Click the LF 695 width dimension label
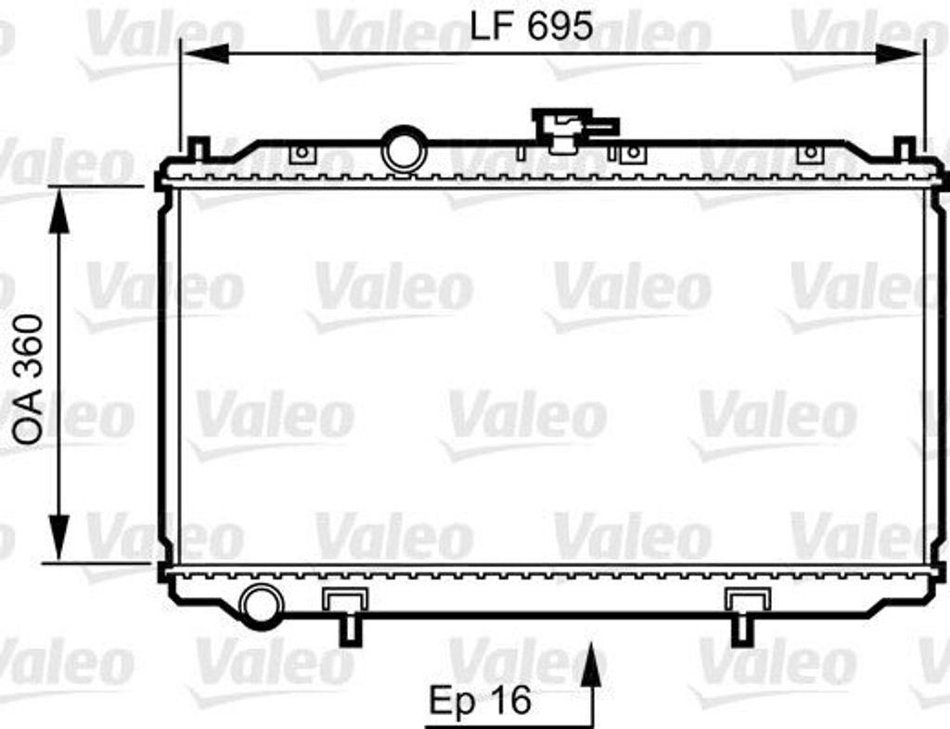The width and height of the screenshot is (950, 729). [x=532, y=26]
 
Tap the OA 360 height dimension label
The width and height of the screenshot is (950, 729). [x=29, y=380]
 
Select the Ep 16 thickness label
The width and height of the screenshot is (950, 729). [x=480, y=700]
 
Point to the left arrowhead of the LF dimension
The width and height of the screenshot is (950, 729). [x=205, y=54]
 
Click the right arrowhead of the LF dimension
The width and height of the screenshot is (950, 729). [x=899, y=54]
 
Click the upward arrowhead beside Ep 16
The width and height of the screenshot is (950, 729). [x=593, y=665]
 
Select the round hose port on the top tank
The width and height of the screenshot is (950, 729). [x=404, y=149]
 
